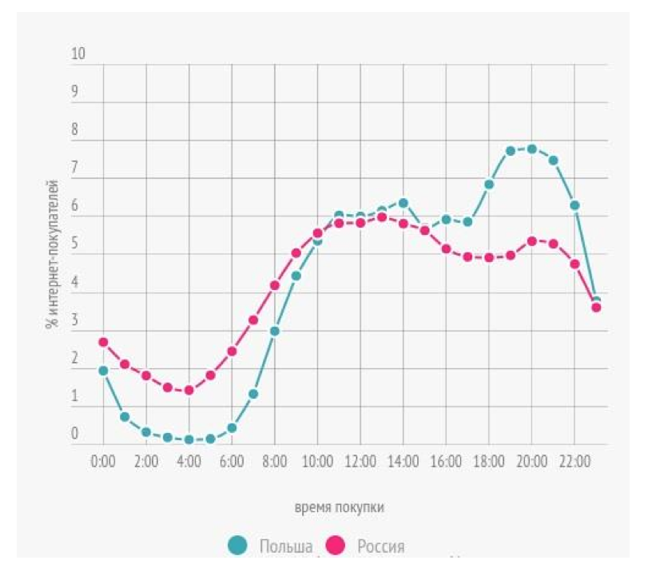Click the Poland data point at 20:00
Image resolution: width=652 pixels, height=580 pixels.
(531, 149)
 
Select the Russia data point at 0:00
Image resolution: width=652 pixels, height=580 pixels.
(103, 342)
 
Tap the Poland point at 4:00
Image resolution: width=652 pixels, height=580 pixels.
(189, 439)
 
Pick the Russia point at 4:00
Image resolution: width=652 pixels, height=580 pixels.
(189, 390)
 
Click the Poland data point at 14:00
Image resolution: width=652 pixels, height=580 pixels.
(404, 202)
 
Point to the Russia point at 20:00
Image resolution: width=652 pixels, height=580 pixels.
(531, 240)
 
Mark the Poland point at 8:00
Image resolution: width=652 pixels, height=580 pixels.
(274, 331)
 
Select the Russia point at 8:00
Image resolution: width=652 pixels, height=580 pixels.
(274, 285)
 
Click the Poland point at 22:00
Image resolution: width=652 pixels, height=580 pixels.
(574, 205)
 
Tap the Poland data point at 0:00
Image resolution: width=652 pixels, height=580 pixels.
(103, 371)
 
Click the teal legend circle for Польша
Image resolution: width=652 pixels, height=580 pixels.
(237, 546)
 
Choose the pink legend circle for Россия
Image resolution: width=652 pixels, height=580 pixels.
(336, 546)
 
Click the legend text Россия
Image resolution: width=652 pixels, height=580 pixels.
(380, 546)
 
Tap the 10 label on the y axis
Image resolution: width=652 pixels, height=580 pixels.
(78, 54)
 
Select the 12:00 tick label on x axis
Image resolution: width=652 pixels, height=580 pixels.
(360, 463)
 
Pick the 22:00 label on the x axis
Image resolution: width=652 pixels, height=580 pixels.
(574, 463)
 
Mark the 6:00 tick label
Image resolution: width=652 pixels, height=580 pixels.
(232, 463)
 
